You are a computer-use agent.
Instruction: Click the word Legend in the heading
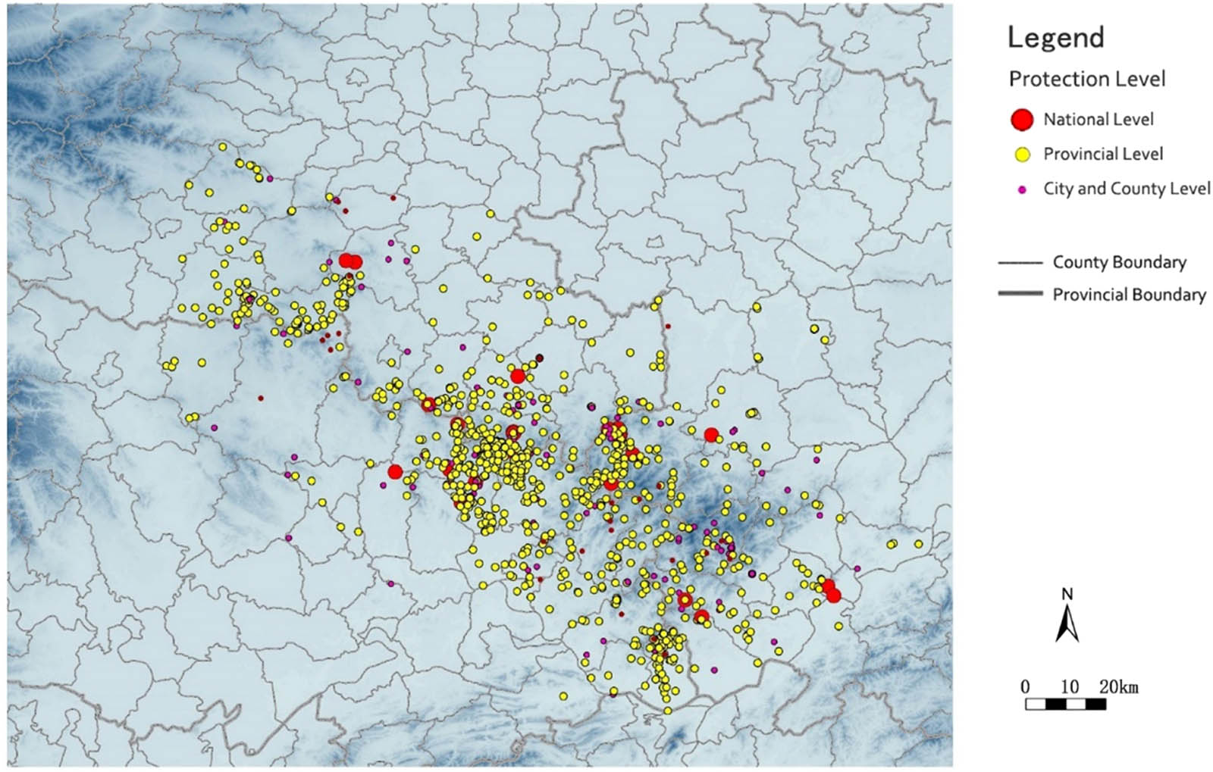pyautogui.click(x=1055, y=37)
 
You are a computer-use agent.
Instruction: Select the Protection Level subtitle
pyautogui.click(x=1087, y=79)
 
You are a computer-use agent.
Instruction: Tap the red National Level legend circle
pyautogui.click(x=1023, y=119)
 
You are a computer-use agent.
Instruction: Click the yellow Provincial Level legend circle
pyautogui.click(x=1023, y=155)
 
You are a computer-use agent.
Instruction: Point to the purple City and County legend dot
pyautogui.click(x=1023, y=189)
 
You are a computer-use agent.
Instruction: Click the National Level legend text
pyautogui.click(x=1099, y=119)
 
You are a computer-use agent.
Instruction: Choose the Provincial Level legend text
pyautogui.click(x=1103, y=154)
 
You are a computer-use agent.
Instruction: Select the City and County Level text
pyautogui.click(x=1127, y=189)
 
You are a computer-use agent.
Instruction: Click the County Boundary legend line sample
pyautogui.click(x=1020, y=263)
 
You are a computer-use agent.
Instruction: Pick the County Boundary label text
pyautogui.click(x=1119, y=262)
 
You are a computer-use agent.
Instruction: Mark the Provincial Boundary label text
pyautogui.click(x=1129, y=294)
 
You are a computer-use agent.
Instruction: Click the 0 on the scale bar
pyautogui.click(x=1025, y=687)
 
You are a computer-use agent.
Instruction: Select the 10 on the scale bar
pyautogui.click(x=1069, y=687)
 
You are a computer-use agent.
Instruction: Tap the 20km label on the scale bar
pyautogui.click(x=1119, y=687)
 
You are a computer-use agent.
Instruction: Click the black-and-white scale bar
pyautogui.click(x=1065, y=704)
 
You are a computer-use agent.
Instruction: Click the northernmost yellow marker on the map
pyautogui.click(x=223, y=146)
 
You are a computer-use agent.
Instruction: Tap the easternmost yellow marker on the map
pyautogui.click(x=919, y=544)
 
